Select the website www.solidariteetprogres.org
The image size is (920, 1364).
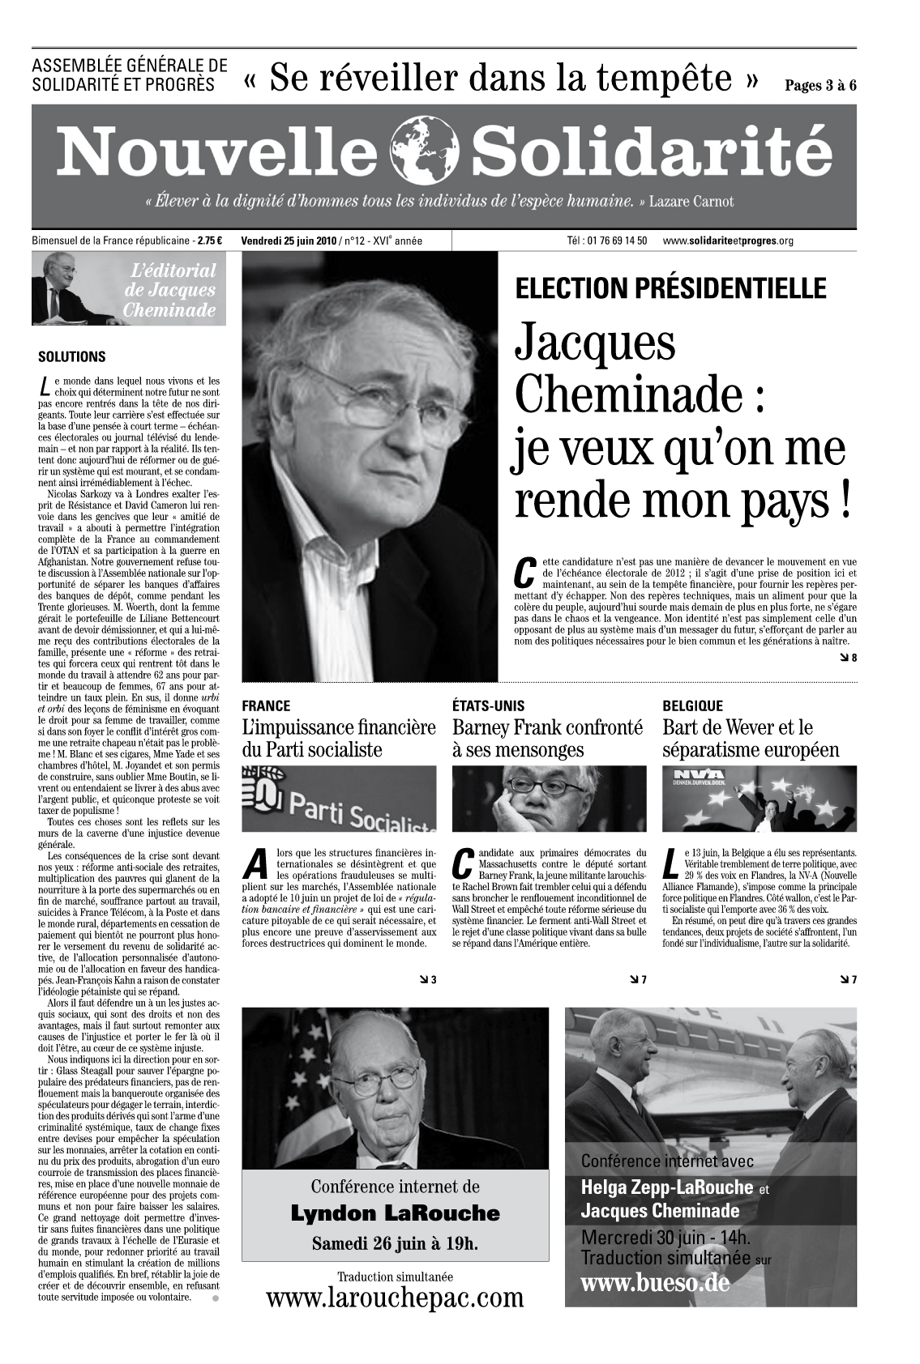point(727,241)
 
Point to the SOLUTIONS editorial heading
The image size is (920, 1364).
point(72,356)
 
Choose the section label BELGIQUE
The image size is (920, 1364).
point(692,705)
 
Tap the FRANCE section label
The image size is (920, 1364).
point(266,705)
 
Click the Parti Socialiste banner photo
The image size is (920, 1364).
point(339,799)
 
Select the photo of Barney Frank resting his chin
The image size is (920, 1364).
point(549,799)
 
